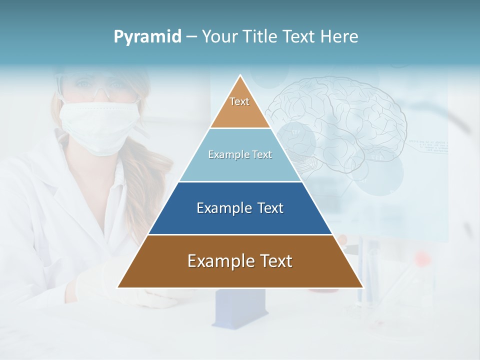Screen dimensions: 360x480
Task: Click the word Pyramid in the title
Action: pos(147,37)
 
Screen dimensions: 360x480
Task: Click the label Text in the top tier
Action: pos(239,101)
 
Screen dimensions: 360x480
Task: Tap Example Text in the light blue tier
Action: pos(240,154)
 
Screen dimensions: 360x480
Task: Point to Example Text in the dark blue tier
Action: pos(240,208)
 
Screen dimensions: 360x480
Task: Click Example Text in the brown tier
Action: pos(240,261)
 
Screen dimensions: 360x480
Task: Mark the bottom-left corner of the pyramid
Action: pos(118,287)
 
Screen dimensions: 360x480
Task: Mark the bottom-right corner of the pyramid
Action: pos(363,287)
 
